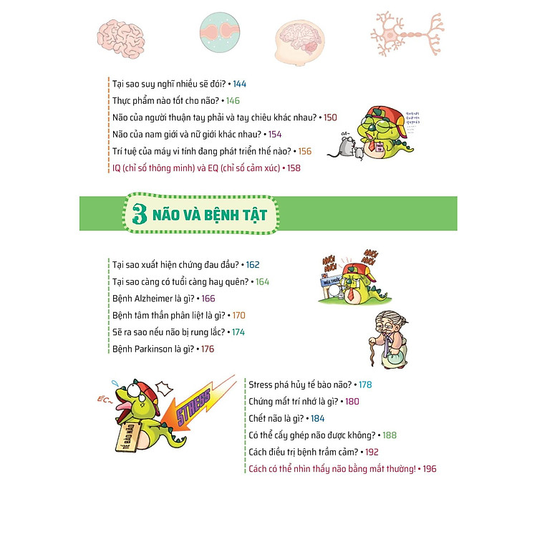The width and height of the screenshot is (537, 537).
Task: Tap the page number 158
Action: coord(294,168)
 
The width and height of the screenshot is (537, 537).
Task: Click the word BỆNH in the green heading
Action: coord(212,214)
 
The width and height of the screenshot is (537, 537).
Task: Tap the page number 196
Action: coord(429,469)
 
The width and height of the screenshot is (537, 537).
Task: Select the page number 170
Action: coord(238,315)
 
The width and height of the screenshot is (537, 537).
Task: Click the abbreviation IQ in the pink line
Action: coord(118,168)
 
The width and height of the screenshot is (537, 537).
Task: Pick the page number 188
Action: coord(389,435)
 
